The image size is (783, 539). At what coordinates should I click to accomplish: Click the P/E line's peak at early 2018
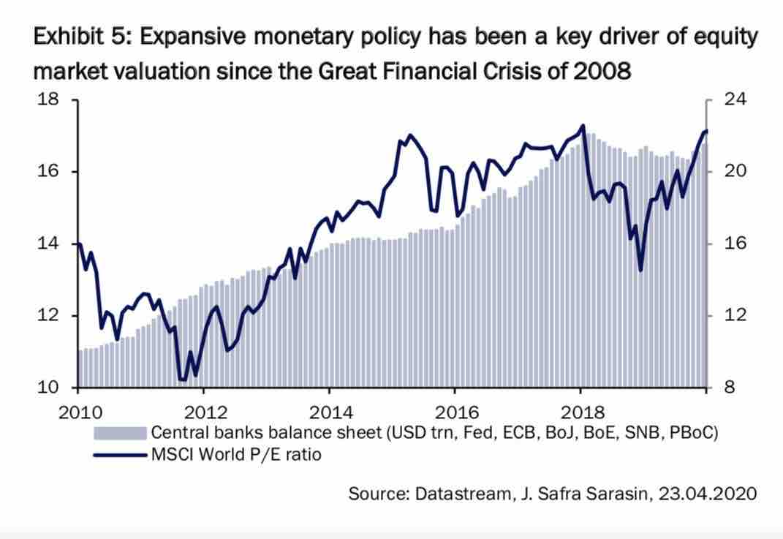point(583,125)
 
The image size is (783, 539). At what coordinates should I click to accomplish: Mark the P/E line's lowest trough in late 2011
point(183,380)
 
